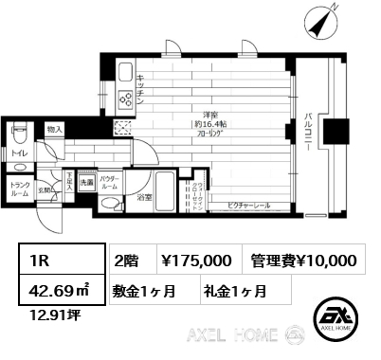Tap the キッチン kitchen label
pos(139,82)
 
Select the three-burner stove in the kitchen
pos(123,99)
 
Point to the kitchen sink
pos(123,72)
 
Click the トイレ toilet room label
pos(20,152)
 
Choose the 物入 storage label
pos(54,129)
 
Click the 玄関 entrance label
pos(44,189)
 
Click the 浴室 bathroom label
pos(144,199)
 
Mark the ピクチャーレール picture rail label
pos(247,205)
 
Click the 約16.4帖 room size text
pos(204,125)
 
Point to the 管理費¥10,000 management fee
pos(304,261)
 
